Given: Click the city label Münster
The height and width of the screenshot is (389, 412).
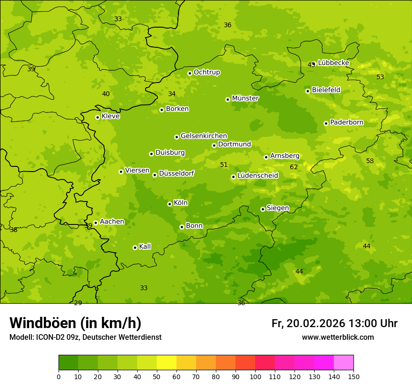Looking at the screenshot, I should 245,98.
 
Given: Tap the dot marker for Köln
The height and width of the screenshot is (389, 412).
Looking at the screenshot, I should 169,204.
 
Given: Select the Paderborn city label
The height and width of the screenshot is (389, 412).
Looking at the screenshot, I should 346,122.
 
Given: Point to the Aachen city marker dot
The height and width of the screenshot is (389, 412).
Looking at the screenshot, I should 96,223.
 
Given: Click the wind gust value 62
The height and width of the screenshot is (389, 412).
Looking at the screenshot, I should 294,167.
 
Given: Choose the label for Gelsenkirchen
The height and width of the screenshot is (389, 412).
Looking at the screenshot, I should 204,136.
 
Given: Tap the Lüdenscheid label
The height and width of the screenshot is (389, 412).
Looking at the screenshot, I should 257,176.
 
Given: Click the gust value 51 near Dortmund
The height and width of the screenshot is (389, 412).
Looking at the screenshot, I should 224,165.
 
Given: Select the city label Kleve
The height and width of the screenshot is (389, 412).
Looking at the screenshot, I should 110,116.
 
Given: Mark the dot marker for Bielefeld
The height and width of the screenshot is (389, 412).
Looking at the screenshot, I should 308,91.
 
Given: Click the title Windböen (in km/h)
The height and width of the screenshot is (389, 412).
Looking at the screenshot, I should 75,323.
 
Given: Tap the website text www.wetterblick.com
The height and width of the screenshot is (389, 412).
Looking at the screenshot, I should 338,337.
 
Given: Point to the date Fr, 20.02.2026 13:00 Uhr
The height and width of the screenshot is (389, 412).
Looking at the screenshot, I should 334,323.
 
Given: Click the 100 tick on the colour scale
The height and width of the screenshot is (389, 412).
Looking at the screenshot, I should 255,376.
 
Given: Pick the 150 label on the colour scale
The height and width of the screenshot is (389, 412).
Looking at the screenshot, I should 353,376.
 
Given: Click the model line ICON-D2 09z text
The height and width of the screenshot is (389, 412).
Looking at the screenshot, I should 85,337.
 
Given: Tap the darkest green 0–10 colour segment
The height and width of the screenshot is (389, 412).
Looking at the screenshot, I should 68,363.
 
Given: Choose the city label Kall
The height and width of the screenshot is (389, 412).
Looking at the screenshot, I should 145,247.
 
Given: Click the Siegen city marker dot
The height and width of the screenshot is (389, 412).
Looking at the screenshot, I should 263,209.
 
